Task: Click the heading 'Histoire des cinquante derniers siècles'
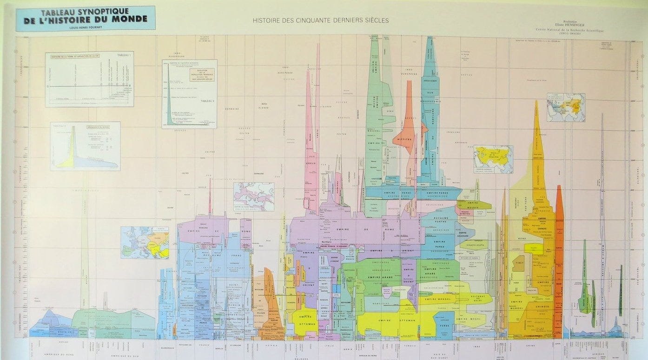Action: coord(321,20)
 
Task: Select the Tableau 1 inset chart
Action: coord(89,79)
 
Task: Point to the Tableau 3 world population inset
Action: coord(189,93)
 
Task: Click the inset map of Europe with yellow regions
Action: coord(145,242)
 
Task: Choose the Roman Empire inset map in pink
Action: coord(253,196)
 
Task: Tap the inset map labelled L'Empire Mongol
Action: coord(493,159)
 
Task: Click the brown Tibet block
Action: coord(518,264)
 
